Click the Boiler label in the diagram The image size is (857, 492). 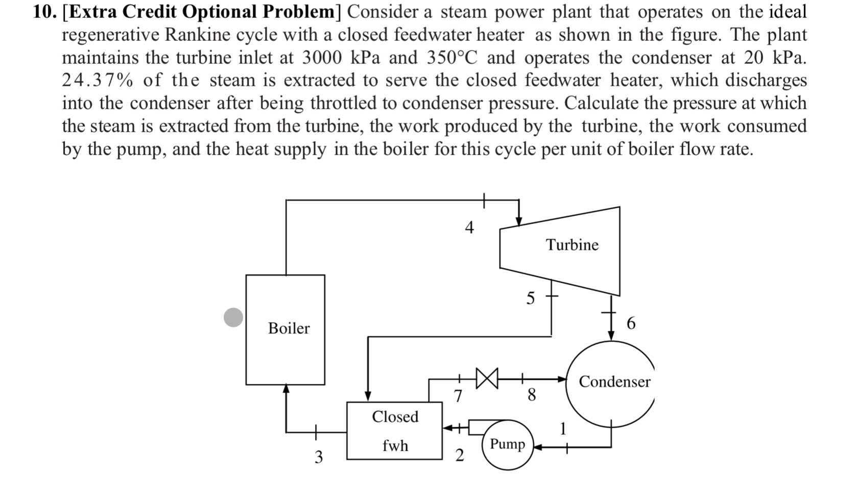click(289, 328)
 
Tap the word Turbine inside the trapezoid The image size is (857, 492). click(572, 245)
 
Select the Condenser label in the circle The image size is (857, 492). click(614, 382)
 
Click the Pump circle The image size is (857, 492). click(507, 444)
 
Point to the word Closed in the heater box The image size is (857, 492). click(395, 417)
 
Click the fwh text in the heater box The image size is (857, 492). click(395, 446)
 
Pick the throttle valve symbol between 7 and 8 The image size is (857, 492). click(487, 378)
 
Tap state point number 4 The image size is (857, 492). click(469, 228)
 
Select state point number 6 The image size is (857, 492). click(631, 323)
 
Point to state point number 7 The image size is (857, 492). click(458, 396)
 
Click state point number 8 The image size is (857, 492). click(532, 395)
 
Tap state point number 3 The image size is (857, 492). click(318, 457)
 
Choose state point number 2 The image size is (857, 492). click(459, 455)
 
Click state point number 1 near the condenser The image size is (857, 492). click(563, 429)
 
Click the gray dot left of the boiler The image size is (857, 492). click(233, 317)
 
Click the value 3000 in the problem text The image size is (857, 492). click(322, 58)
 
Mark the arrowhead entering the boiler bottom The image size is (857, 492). click(286, 389)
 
